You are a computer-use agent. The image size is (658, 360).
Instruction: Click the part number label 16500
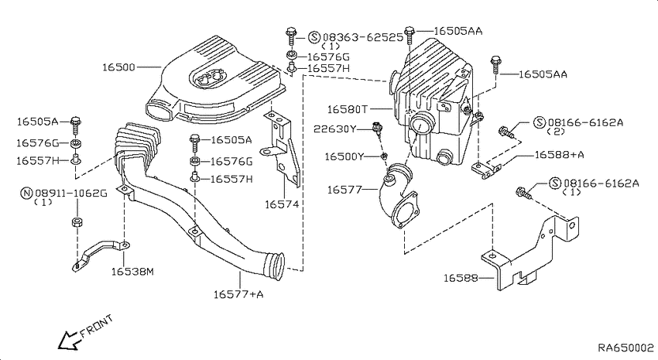[118, 67]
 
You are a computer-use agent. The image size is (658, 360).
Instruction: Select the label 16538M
[132, 271]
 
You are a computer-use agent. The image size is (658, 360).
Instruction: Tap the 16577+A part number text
[238, 293]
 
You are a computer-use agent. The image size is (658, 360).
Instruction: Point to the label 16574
[281, 204]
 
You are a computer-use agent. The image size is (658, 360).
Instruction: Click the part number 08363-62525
[362, 36]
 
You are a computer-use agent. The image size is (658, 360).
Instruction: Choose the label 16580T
[347, 110]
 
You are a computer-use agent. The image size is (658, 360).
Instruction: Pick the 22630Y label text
[335, 129]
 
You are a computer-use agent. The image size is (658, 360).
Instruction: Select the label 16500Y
[344, 156]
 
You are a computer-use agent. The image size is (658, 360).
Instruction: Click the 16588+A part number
[559, 155]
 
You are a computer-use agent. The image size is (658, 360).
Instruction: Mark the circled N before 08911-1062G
[26, 191]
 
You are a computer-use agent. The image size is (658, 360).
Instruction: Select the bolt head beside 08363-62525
[290, 33]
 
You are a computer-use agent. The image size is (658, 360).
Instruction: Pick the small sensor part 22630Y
[377, 129]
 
